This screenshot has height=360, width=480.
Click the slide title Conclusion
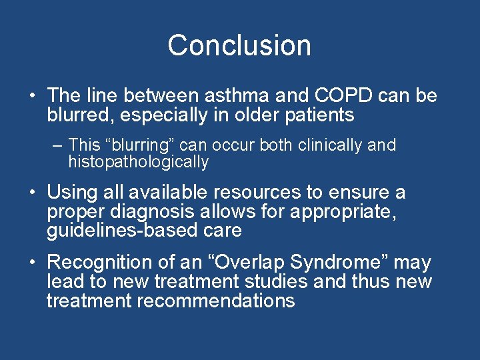click(239, 45)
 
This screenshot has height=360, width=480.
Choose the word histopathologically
click(139, 162)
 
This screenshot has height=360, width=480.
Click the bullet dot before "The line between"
click(32, 96)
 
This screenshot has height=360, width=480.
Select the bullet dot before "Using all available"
click(32, 193)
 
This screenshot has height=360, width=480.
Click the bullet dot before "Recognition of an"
click(32, 263)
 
